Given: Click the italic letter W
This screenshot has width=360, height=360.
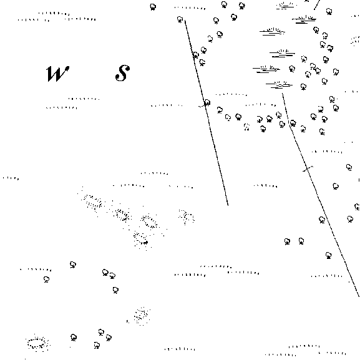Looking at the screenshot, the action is (57, 74).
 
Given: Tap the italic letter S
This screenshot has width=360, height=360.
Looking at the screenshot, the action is (122, 73).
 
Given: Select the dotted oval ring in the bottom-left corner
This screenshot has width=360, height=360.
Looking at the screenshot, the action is (37, 343).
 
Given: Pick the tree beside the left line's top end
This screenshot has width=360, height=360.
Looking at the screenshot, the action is (180, 19).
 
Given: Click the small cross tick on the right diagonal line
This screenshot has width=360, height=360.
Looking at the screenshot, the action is (308, 169).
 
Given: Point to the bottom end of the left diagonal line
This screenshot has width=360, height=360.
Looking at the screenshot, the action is (228, 205).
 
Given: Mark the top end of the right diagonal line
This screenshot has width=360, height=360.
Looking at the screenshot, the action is (283, 94).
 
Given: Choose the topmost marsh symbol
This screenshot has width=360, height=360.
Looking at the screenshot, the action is (285, 6).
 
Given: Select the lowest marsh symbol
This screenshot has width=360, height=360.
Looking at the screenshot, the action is (279, 85).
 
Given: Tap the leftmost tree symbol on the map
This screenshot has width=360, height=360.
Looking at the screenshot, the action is (46, 280).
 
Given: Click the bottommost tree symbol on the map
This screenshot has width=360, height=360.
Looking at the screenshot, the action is (97, 345).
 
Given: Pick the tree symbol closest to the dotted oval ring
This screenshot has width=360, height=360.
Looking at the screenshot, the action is (74, 338).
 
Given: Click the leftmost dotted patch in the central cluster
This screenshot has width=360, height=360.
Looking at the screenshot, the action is (93, 202).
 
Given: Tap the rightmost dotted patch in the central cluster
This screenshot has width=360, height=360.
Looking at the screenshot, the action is (187, 216).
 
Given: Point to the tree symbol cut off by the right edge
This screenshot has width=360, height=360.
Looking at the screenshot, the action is (357, 207).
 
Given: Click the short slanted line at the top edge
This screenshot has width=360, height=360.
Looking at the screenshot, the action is (317, 4).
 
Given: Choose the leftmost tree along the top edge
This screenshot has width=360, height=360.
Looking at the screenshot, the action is (153, 7).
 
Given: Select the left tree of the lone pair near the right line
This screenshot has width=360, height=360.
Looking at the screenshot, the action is (287, 241).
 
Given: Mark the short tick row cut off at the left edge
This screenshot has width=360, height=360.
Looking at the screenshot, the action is (11, 178).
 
